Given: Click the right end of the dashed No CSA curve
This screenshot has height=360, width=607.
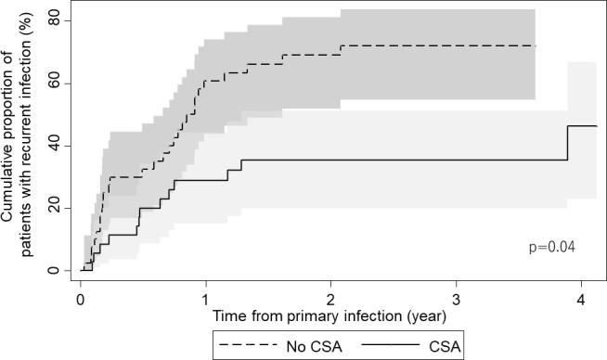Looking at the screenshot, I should click(x=536, y=45).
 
